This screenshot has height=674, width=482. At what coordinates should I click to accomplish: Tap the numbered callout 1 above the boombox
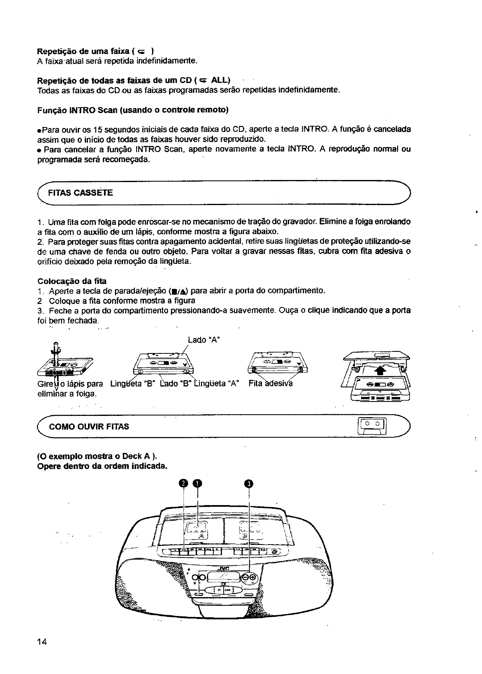click(x=198, y=484)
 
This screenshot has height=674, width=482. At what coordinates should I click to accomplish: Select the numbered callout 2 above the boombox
click(x=183, y=484)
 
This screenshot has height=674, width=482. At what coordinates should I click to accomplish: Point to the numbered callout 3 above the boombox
click(x=249, y=484)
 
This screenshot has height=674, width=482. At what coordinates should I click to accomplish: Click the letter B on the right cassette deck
click(x=244, y=538)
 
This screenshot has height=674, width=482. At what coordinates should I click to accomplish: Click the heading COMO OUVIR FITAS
click(x=89, y=427)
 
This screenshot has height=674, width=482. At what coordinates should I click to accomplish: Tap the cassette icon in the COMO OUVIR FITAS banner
click(x=373, y=427)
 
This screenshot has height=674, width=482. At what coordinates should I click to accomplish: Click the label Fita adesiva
click(x=270, y=384)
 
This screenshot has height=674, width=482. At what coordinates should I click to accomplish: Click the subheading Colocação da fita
click(x=72, y=281)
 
